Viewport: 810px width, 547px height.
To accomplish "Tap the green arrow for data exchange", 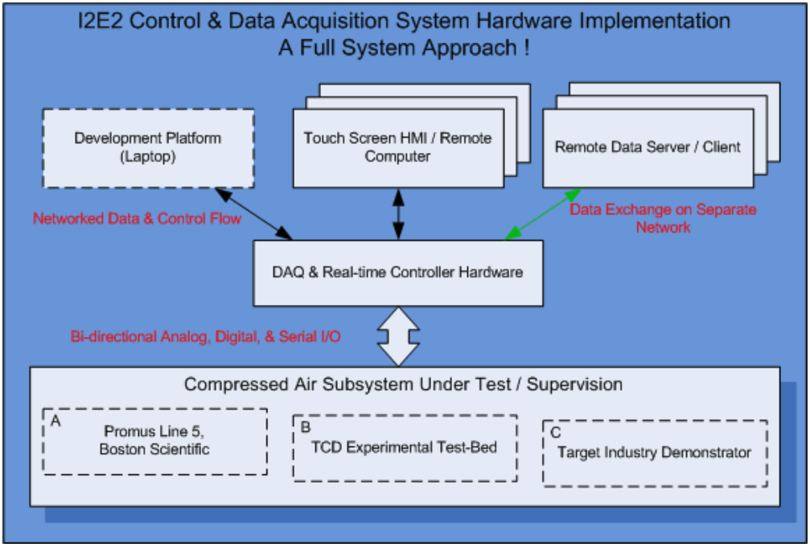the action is [543, 214].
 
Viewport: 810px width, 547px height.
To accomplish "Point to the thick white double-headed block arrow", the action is [398, 337].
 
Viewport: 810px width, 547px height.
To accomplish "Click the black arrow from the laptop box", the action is [253, 214].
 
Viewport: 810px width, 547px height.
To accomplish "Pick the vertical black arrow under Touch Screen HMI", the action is [398, 214].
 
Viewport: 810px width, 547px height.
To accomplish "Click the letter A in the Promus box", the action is [56, 421].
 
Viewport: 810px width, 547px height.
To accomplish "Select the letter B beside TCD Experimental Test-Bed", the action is [306, 427].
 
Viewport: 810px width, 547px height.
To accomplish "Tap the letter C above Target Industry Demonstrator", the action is [556, 432].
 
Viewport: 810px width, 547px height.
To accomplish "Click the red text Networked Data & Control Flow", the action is [137, 219].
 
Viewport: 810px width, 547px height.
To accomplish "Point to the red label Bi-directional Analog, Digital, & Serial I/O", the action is [206, 337].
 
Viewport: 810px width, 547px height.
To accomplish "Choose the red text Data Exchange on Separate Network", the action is [664, 218].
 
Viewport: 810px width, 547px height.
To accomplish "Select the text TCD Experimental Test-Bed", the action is [404, 447].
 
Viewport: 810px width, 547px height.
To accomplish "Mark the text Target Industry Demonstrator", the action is [654, 452].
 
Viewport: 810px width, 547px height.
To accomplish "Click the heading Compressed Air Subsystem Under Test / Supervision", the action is [404, 385].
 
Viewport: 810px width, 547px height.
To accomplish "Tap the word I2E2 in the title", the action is [101, 21].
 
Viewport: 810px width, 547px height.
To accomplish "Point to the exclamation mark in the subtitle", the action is [526, 48].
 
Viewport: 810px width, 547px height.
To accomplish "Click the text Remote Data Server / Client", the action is [648, 147].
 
